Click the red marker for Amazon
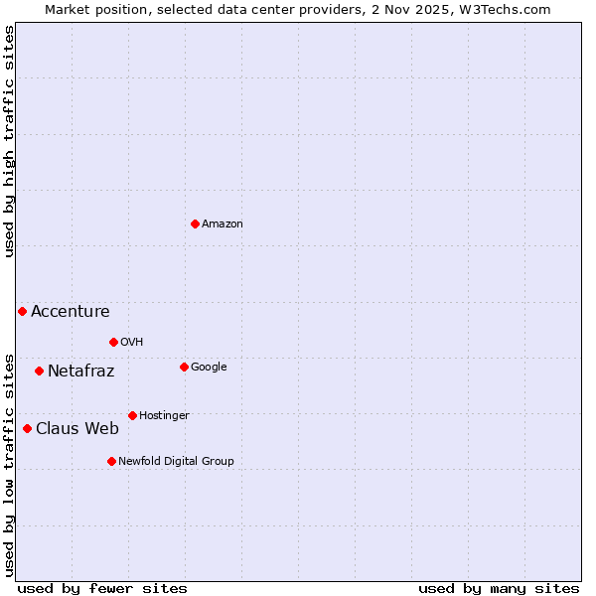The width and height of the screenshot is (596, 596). pos(195,223)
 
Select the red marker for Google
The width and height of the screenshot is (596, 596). pos(184,367)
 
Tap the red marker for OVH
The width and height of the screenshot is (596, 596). pos(113,342)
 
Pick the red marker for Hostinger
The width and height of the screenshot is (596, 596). pos(132,415)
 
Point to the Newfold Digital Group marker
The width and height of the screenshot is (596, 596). pos(111,461)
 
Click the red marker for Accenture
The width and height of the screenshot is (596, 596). pos(22,311)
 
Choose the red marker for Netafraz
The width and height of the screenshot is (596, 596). pos(39,371)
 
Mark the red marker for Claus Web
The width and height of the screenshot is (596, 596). pos(27,428)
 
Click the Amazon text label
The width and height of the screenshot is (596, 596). pos(223,224)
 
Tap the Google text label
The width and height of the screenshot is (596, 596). pos(209,368)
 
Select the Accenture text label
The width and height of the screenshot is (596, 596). pos(71,312)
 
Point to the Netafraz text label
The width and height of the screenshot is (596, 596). pos(81,372)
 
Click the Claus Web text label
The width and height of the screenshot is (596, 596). pos(77,429)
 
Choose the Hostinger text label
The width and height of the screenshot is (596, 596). pos(164,416)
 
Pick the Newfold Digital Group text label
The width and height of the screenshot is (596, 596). pos(176,462)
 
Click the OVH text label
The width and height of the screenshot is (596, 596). pos(132,343)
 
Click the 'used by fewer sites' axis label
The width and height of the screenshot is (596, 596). pos(102,588)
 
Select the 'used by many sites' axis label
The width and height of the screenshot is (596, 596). pos(499,588)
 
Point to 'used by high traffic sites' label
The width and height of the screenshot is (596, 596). pos(9,141)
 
